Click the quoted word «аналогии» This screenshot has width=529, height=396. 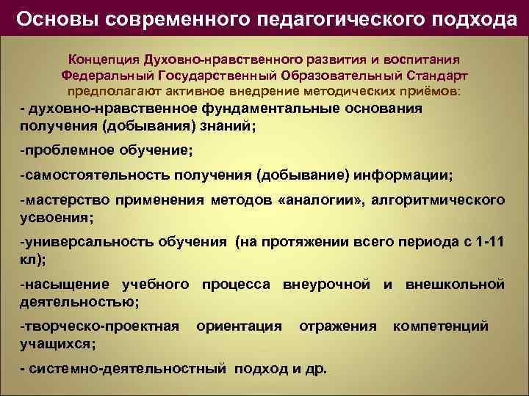pyautogui.click(x=322, y=200)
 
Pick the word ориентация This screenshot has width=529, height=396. pyautogui.click(x=240, y=326)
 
